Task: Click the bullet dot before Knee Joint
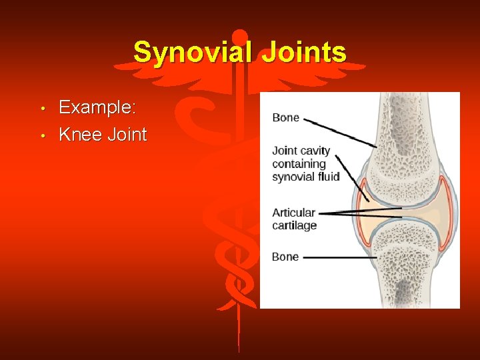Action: tap(42, 136)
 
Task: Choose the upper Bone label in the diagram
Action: tap(285, 118)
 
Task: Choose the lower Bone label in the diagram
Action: tap(285, 257)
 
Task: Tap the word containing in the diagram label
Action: tap(299, 164)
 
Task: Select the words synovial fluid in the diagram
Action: tap(305, 177)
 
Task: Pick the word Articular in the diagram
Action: tap(293, 213)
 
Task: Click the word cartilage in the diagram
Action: tap(294, 225)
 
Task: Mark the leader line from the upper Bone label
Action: tap(340, 132)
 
